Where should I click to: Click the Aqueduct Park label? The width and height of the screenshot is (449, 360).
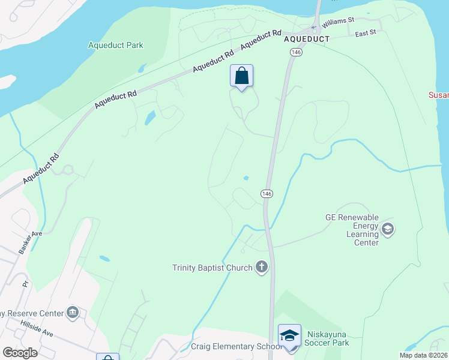[x=116, y=45]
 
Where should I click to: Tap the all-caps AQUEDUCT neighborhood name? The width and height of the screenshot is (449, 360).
[x=307, y=38]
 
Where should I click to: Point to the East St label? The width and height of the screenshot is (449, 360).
[x=365, y=34]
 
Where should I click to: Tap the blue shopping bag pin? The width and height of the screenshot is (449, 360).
[x=241, y=77]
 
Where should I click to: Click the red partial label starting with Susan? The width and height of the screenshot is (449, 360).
[x=439, y=95]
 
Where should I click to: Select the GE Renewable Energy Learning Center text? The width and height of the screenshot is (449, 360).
[x=352, y=230]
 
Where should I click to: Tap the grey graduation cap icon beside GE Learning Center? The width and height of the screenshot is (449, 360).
[x=388, y=229]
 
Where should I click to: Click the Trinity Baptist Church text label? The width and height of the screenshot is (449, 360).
[x=212, y=268]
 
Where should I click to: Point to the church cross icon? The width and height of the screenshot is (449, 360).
[x=261, y=267]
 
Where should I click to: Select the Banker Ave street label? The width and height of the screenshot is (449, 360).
[x=29, y=242]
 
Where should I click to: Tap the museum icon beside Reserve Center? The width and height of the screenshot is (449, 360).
[x=73, y=313]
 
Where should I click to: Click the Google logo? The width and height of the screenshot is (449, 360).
[x=20, y=352]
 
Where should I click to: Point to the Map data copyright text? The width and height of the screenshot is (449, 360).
[x=424, y=355]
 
